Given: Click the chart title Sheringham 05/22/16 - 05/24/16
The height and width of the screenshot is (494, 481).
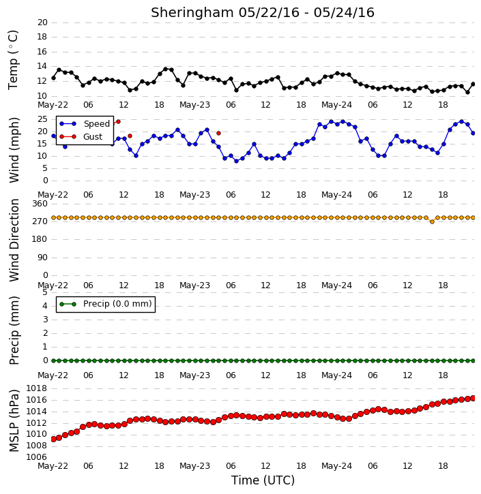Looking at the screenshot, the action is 263,13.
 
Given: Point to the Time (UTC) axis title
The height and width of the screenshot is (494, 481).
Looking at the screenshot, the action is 263,480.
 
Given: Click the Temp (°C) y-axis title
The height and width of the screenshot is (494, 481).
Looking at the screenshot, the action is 13,60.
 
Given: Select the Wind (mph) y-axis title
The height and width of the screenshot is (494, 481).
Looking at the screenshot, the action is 14,150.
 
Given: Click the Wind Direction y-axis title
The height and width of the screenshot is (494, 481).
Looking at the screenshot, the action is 14,240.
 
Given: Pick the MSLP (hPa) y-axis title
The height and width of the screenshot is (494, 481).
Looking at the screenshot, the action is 14,420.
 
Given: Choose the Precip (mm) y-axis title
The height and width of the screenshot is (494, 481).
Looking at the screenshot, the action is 14,330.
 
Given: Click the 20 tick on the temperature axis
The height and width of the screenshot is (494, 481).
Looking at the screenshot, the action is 42,22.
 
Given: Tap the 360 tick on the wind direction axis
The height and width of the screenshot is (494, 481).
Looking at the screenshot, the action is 40,204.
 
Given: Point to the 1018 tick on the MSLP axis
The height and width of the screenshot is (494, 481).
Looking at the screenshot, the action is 36,388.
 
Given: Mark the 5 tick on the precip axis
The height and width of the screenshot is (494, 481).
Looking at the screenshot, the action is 45,292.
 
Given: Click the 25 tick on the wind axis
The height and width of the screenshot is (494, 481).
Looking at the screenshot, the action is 42,119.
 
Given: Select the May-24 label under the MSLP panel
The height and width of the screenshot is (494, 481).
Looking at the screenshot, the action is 336,466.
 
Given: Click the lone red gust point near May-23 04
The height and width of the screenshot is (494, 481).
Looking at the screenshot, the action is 218,134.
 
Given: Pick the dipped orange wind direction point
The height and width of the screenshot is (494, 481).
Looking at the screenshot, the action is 432,222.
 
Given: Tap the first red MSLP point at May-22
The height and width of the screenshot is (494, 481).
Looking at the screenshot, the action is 53,439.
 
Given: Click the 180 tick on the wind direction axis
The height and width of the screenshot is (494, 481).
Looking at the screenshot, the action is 40,239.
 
